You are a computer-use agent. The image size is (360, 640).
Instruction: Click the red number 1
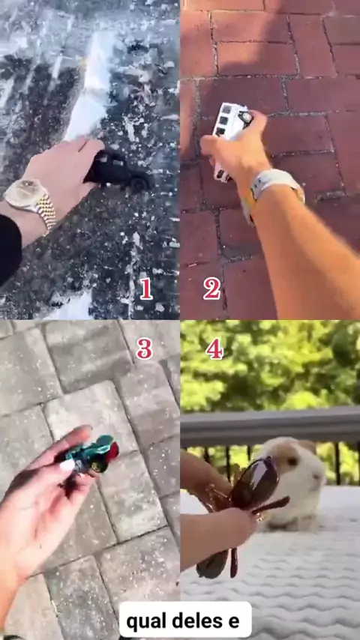coord(146,289)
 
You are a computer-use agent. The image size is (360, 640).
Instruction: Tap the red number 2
coord(211,289)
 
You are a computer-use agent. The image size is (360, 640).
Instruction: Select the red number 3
coord(144,349)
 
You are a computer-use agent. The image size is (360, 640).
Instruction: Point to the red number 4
coord(214,349)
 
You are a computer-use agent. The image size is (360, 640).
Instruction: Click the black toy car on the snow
coord(118,170)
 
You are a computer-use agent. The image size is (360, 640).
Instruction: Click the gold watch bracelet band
coord(46,213)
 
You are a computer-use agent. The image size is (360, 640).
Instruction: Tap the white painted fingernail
coord(67,465)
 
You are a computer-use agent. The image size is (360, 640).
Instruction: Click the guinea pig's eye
coord(292,461)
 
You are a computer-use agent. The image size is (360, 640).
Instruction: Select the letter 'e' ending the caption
coord(234,622)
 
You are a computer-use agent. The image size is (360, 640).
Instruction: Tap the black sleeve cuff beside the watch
coord(10,250)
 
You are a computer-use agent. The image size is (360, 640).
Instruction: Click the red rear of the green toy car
coord(113,450)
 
